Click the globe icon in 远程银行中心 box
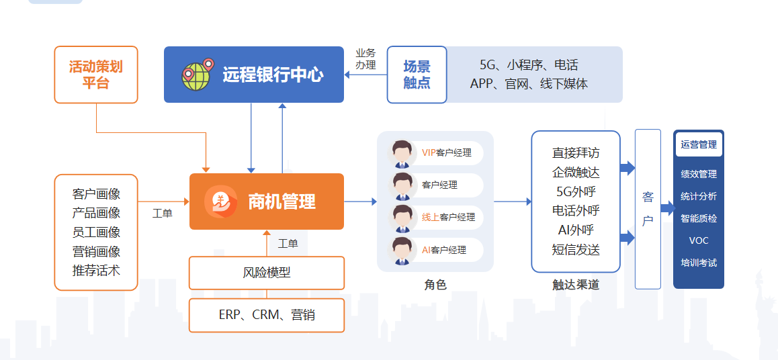pyautogui.click(x=198, y=75)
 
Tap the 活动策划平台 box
pyautogui.click(x=96, y=75)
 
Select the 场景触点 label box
pyautogui.click(x=417, y=75)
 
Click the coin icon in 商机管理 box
pyautogui.click(x=221, y=201)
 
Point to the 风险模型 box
pyautogui.click(x=267, y=273)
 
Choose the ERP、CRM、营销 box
pyautogui.click(x=267, y=315)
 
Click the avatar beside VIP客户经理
pyautogui.click(x=402, y=153)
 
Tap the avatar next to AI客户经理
pyautogui.click(x=402, y=250)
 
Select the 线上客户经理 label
pyautogui.click(x=449, y=217)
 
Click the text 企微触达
pyautogui.click(x=576, y=172)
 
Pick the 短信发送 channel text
pyautogui.click(x=576, y=249)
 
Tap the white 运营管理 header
pyautogui.click(x=699, y=145)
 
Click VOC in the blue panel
pyautogui.click(x=699, y=241)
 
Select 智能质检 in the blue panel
pyautogui.click(x=699, y=218)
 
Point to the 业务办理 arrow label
pyautogui.click(x=365, y=58)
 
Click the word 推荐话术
pyautogui.click(x=96, y=271)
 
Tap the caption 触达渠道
pyautogui.click(x=576, y=285)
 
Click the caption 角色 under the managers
pyautogui.click(x=435, y=285)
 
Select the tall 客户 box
pyautogui.click(x=648, y=209)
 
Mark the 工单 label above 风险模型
pyautogui.click(x=288, y=244)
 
